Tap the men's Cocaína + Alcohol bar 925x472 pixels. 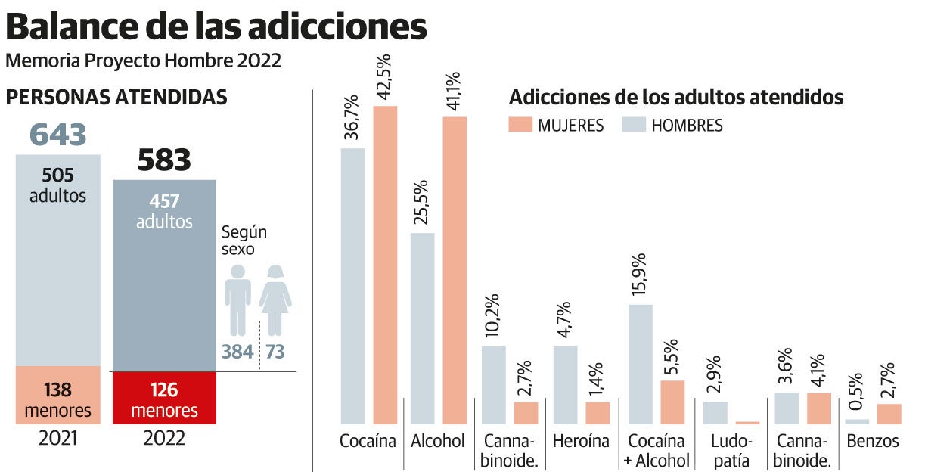641,364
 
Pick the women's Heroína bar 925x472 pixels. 598,412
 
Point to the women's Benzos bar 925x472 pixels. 889,414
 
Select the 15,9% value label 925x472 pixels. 640,275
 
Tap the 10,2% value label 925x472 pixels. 494,318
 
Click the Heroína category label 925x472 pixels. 581,441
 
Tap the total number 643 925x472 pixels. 58,135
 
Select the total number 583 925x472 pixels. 164,160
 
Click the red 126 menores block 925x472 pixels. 164,398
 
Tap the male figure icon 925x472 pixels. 238,299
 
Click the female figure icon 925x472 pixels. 275,299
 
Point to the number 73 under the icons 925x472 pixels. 275,352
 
